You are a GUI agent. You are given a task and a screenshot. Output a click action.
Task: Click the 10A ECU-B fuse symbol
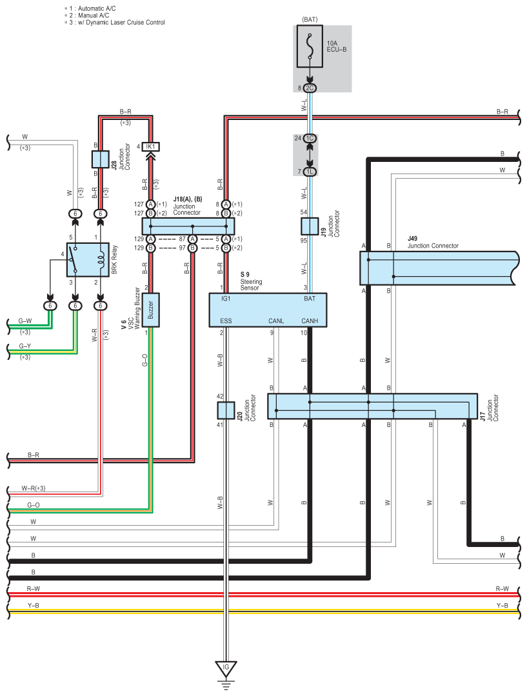coord(310,46)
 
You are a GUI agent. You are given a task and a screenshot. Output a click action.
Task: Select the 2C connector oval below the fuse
coord(310,88)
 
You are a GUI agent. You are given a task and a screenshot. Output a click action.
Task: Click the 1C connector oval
coord(310,138)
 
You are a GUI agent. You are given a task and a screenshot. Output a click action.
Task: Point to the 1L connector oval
coord(310,172)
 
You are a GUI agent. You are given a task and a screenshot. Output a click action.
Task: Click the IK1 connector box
coord(150,146)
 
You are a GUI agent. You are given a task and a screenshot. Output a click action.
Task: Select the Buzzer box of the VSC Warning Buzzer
coord(150,310)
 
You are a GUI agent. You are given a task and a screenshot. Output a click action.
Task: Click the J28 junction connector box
coord(101,159)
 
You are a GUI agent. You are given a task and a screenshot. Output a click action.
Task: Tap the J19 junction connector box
coord(310,226)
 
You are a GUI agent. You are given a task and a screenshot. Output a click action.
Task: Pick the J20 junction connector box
coord(226,411)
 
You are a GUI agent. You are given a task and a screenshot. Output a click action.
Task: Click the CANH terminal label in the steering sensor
coord(310,321)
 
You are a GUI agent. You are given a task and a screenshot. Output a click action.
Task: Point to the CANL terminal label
coord(276,321)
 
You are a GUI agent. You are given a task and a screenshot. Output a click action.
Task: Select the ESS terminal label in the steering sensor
coord(226,321)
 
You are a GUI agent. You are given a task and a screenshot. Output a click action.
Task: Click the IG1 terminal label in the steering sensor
coord(226,299)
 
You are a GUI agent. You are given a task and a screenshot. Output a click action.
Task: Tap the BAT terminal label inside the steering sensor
coord(310,299)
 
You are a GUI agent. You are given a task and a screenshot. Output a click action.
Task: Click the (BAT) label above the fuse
coord(310,19)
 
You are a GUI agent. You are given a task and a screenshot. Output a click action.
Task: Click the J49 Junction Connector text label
coord(433,243)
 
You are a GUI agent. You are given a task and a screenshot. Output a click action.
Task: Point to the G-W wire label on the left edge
coord(25,321)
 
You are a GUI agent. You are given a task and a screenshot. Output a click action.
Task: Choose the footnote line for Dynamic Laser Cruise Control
coord(115,22)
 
